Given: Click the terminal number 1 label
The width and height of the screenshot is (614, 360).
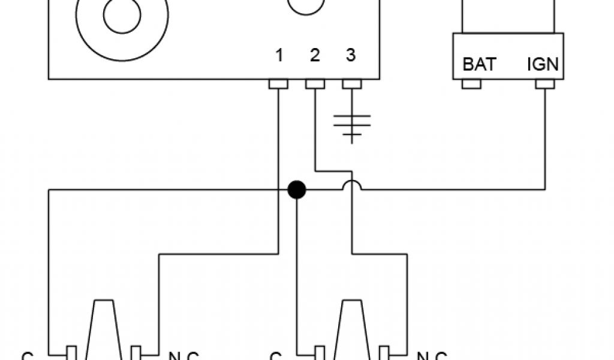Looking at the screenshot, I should coord(279,56).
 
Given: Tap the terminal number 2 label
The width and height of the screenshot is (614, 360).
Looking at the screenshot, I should coord(315,56).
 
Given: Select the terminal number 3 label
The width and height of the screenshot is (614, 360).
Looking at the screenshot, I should coord(351,56).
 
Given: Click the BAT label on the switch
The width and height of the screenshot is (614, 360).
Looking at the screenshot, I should coord(478,64).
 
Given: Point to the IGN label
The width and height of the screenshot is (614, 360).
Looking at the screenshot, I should coord(543,64).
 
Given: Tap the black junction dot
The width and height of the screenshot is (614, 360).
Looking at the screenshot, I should coord(297,190).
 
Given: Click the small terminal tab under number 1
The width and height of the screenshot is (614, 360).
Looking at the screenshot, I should coord(279,84).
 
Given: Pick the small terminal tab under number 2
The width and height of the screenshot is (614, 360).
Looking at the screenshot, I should coord(315,84).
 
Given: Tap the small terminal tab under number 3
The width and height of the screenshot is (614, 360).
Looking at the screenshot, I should coord(351,84).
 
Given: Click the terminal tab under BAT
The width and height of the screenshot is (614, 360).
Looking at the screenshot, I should coord(471,84).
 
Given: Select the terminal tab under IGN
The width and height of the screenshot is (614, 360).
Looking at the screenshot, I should coord(545,84).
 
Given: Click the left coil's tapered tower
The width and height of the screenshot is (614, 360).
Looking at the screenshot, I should coord(104,330).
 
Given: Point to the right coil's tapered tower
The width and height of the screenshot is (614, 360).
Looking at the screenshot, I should coord(352,330).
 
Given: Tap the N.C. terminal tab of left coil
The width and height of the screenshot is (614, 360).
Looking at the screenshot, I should coord(136,352).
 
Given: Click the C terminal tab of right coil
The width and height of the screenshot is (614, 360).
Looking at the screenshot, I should coord(320,352).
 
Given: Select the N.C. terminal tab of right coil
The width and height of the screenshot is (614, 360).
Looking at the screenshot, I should coord(384,352).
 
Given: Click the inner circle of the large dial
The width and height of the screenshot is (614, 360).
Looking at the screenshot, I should coord(122,16).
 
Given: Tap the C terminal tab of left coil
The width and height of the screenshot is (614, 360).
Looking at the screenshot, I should coord(71,352).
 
